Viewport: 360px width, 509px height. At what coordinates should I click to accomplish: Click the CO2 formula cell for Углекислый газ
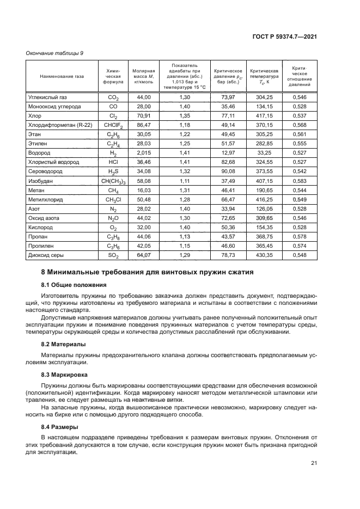pyautogui.click(x=113, y=97)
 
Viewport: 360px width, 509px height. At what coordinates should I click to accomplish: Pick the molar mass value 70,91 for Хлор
pyautogui.click(x=144, y=116)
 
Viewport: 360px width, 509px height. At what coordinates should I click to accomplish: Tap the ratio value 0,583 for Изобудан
pyautogui.click(x=300, y=181)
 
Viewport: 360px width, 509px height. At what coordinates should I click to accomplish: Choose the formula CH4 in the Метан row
pyautogui.click(x=113, y=190)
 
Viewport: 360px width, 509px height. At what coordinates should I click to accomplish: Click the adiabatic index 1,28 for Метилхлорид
pyautogui.click(x=184, y=199)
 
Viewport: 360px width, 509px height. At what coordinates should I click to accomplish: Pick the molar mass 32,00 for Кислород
pyautogui.click(x=144, y=227)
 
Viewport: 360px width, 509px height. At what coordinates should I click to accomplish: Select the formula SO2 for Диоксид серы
pyautogui.click(x=113, y=255)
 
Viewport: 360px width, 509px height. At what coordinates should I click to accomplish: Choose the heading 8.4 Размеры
pyautogui.click(x=59, y=426)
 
